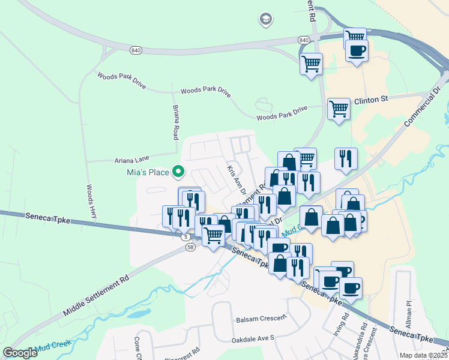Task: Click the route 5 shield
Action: point(185,237)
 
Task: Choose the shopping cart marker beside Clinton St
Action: point(339,109)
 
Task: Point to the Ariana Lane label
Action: point(131,160)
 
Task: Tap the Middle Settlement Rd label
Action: point(96,297)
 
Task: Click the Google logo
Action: point(20,353)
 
